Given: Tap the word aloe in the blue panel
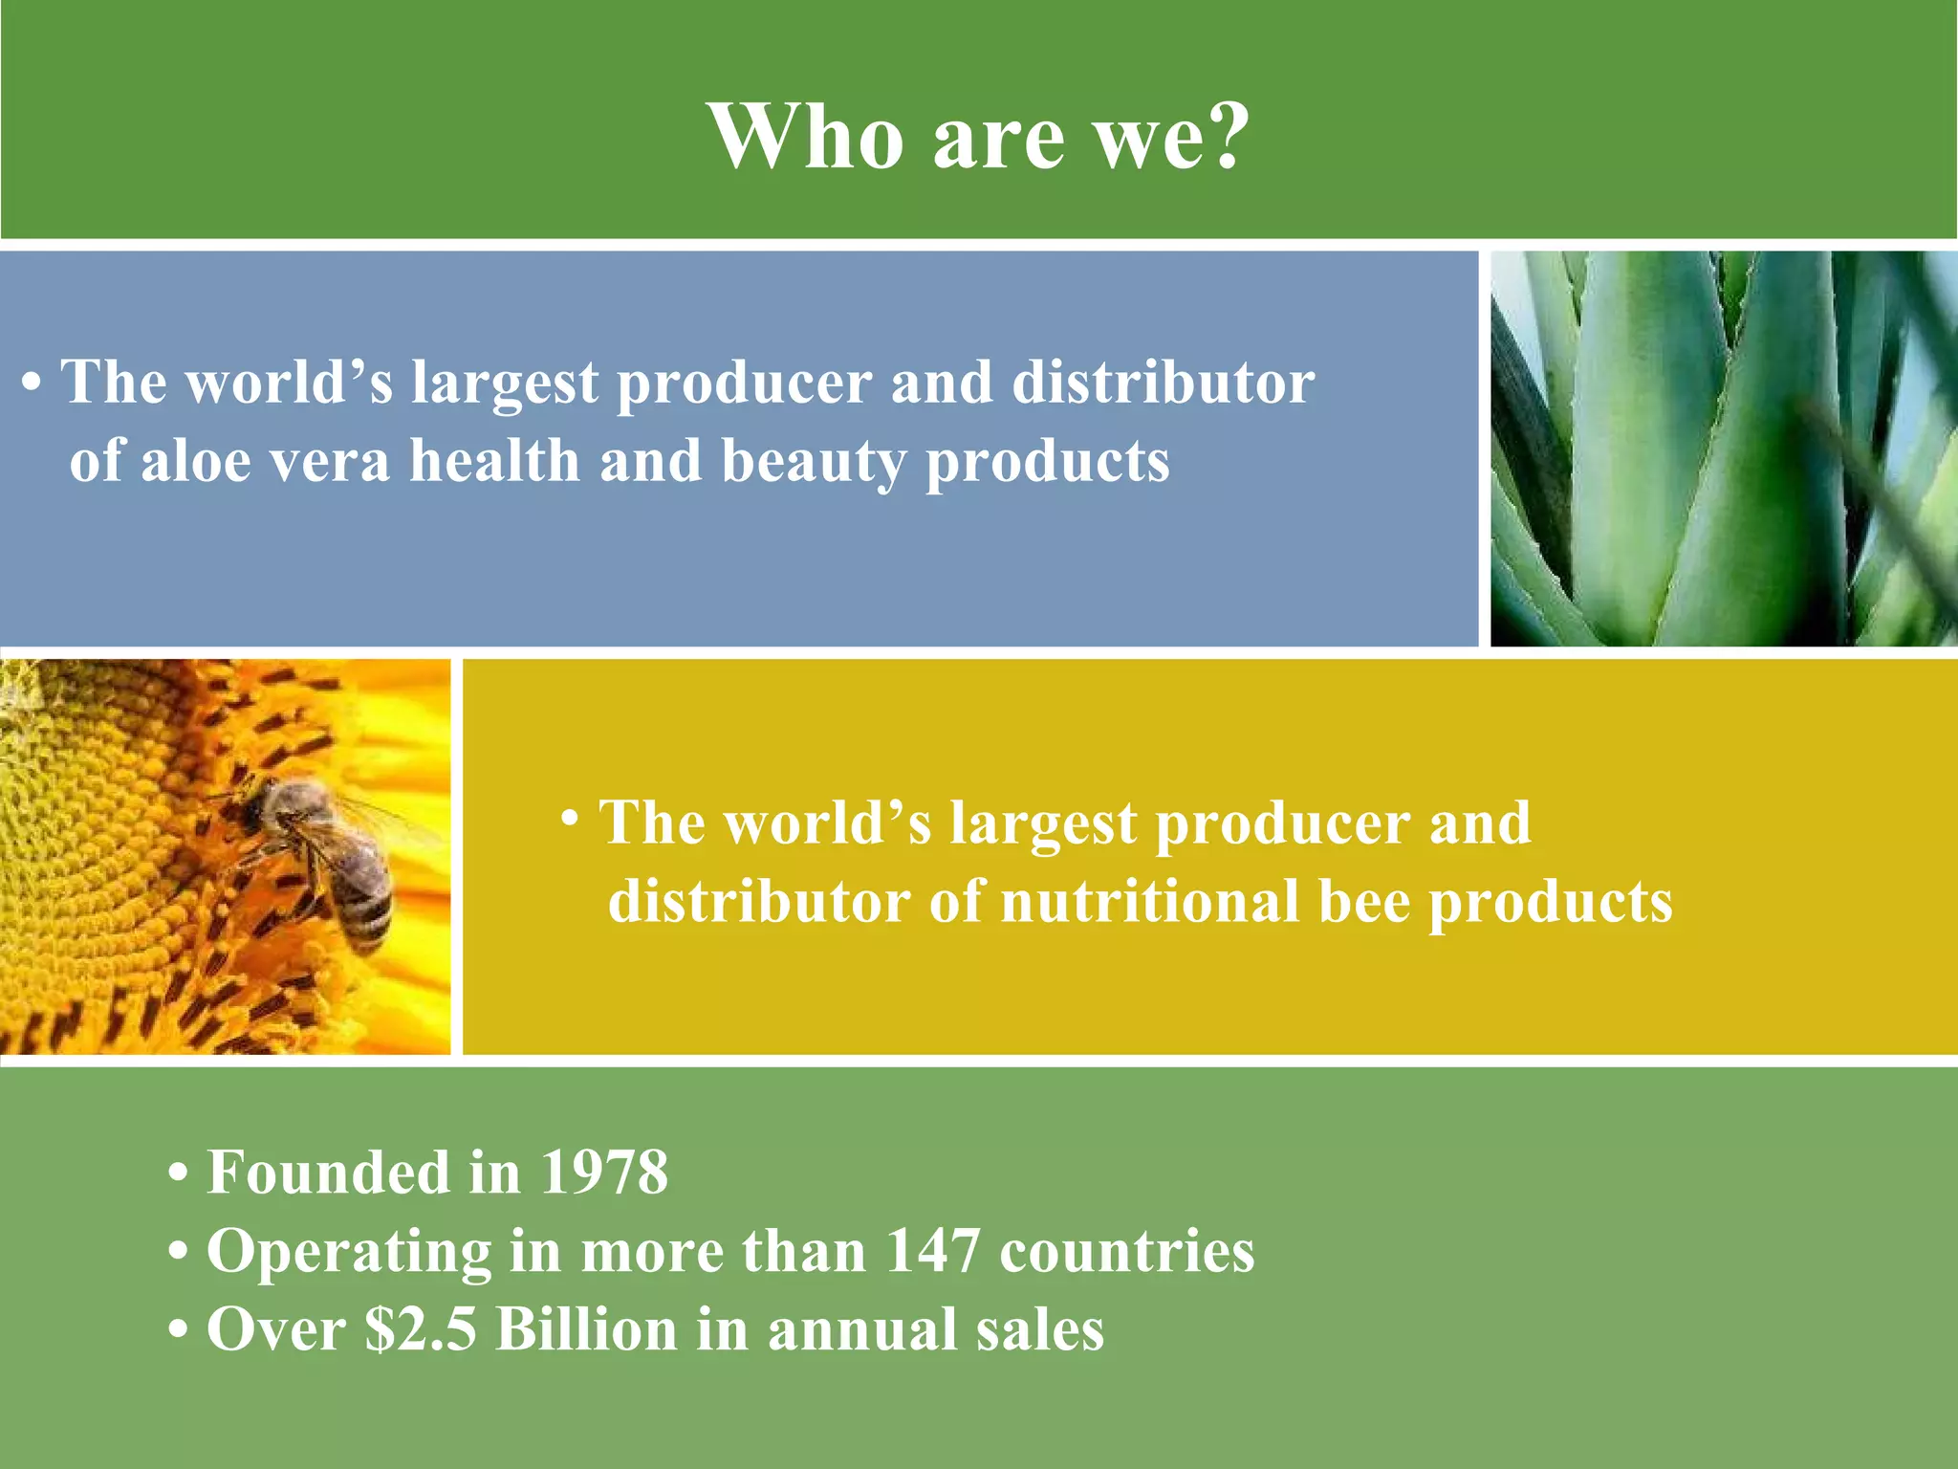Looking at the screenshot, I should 196,462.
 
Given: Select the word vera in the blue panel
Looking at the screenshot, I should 330,462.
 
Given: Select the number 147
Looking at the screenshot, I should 932,1251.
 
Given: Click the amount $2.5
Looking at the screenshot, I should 420,1330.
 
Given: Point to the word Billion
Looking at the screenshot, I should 586,1330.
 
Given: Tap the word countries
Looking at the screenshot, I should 1126,1251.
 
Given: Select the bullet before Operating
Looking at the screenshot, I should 178,1253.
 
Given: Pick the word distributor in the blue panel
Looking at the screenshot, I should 1163,384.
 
